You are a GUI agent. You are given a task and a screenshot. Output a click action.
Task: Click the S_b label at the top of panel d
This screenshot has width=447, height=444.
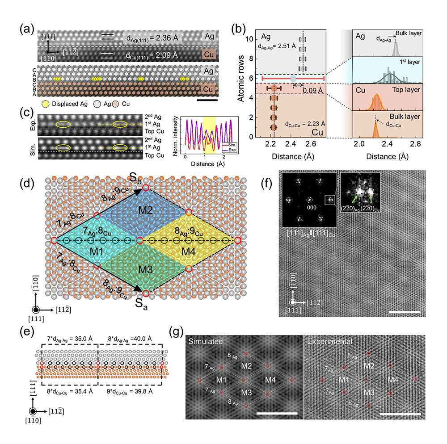(x=145, y=178)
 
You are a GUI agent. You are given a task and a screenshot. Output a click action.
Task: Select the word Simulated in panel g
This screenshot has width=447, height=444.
(x=206, y=341)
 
